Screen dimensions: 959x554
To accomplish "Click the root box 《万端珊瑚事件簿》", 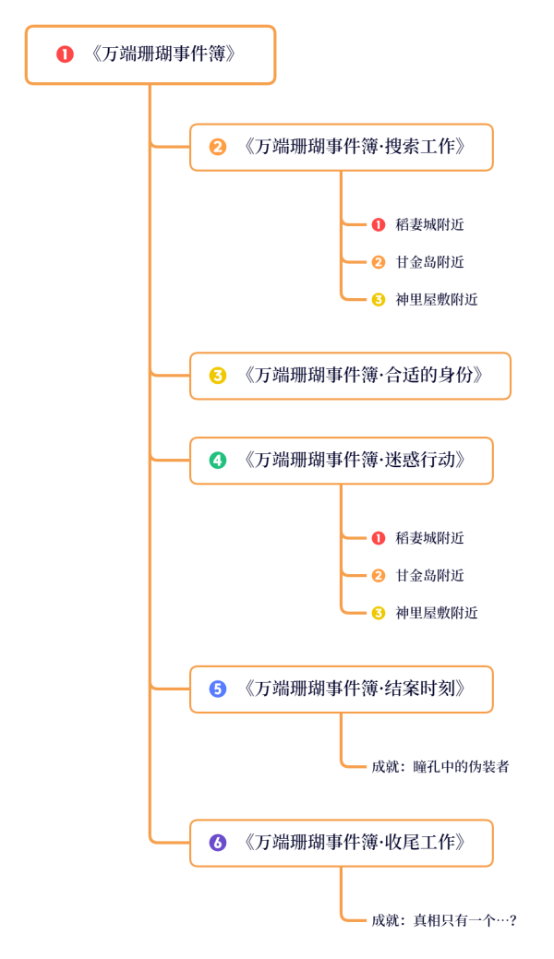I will pyautogui.click(x=151, y=54).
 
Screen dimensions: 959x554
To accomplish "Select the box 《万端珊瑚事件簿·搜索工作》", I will pyautogui.click(x=342, y=147).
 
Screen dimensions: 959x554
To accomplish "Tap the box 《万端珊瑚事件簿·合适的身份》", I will pyautogui.click(x=350, y=376).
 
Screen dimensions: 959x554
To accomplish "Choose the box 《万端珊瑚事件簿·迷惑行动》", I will pyautogui.click(x=342, y=461).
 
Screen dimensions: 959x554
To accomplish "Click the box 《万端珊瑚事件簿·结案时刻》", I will pyautogui.click(x=342, y=689).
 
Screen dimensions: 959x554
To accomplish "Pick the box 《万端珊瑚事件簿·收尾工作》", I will pyautogui.click(x=342, y=843).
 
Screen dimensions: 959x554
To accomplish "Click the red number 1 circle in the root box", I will pyautogui.click(x=65, y=54).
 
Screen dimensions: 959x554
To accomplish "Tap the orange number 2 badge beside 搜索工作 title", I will pyautogui.click(x=218, y=147).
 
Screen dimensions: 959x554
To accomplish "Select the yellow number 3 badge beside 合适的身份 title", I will pyautogui.click(x=218, y=376).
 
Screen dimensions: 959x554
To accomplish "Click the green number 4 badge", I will pyautogui.click(x=218, y=461).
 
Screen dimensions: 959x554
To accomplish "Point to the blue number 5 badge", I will pyautogui.click(x=218, y=689).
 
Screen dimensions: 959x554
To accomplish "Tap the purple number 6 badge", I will pyautogui.click(x=218, y=843).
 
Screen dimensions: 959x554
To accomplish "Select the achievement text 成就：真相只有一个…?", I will pyautogui.click(x=443, y=920).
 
